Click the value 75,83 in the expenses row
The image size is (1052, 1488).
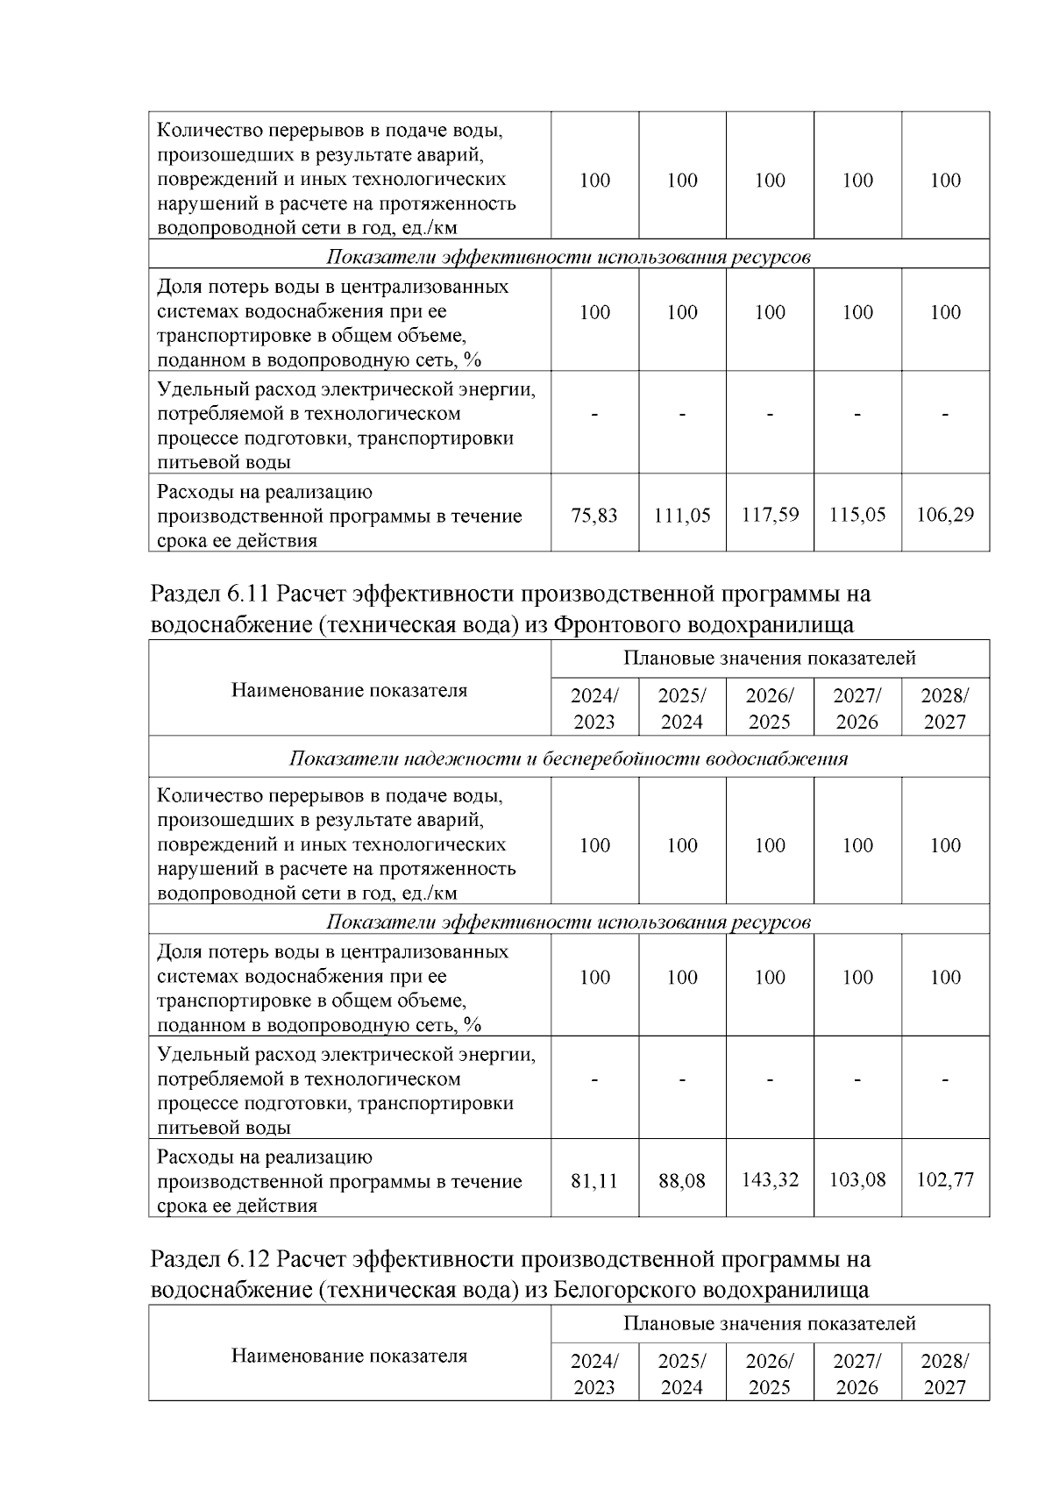click(594, 516)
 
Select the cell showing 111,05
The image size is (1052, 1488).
click(682, 516)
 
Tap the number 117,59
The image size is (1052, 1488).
click(770, 515)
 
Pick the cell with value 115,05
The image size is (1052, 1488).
click(857, 515)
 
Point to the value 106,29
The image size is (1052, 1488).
click(945, 515)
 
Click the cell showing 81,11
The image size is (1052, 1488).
click(594, 1181)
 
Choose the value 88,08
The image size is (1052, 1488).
click(682, 1181)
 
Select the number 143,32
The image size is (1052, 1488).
click(770, 1180)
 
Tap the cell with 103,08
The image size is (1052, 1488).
click(857, 1180)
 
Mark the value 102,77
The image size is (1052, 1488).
click(945, 1180)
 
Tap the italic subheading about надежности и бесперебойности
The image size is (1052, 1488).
click(568, 758)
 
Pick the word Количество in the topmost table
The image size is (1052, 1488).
click(208, 132)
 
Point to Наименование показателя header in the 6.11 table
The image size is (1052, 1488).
click(349, 690)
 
